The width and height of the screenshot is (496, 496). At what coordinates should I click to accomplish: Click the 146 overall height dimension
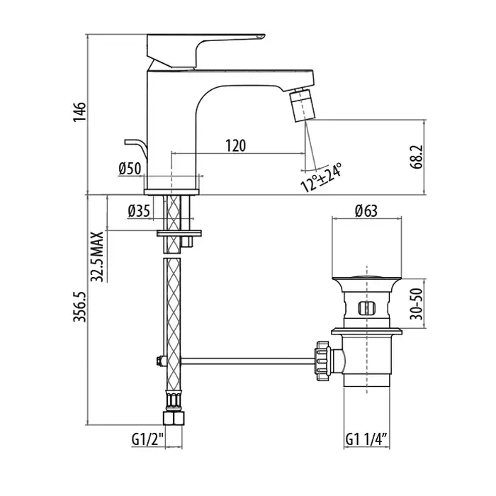pos(79,112)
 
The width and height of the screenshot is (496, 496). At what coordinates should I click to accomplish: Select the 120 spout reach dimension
pos(236,145)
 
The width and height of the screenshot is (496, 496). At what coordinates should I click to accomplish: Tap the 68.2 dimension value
pos(417,157)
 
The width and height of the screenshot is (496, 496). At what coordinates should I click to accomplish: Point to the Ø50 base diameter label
pos(130,169)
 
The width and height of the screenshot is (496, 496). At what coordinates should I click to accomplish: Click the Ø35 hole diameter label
pos(139,211)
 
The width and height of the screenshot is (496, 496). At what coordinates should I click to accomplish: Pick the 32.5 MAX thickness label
pos(97,257)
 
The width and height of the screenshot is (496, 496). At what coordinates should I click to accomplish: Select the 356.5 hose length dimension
pos(79,307)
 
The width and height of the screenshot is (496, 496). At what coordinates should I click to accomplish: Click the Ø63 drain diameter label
pos(366,210)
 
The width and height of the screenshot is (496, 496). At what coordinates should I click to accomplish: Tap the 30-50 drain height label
pos(417,304)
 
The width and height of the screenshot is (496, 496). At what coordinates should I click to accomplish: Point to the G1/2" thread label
pos(147,439)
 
